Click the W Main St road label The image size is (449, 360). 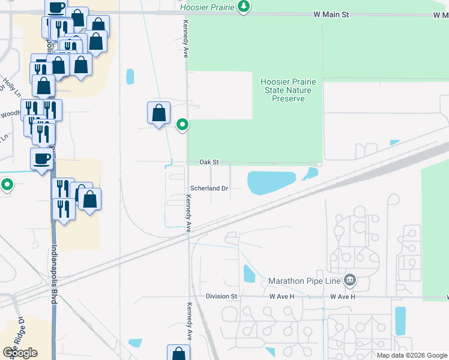click(x=331, y=14)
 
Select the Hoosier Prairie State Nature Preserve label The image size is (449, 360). click(x=283, y=90)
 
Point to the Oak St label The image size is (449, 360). click(x=209, y=162)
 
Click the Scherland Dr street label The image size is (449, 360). click(x=209, y=188)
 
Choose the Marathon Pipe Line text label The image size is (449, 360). click(x=304, y=281)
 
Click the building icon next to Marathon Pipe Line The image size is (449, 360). click(x=351, y=280)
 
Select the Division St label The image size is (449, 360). click(x=221, y=296)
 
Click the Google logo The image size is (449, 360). click(x=20, y=352)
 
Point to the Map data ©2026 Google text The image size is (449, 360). click(x=411, y=355)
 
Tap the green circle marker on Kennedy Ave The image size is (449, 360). click(x=182, y=125)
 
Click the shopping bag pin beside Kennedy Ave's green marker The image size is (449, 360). click(x=158, y=113)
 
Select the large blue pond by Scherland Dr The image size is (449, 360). click(x=271, y=182)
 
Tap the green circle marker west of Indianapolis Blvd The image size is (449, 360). click(x=7, y=184)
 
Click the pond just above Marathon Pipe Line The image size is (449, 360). click(x=249, y=274)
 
